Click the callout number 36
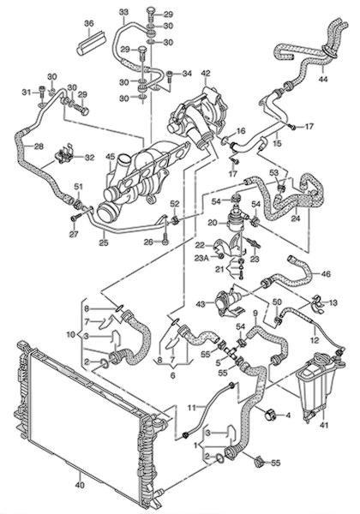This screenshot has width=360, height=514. pos(89,24)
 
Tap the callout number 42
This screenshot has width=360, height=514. pos(206,74)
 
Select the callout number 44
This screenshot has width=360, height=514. pos(323,79)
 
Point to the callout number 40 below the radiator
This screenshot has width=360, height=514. pos(80,485)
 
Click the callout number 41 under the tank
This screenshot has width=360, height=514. pos(324,425)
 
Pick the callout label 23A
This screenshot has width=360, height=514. pos(201,258)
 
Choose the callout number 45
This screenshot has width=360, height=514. pos(111,157)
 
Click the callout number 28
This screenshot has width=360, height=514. pos(39,146)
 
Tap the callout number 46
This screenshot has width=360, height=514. pos(326,274)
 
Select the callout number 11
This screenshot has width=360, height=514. pos(192,408)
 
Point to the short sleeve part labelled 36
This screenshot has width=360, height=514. pos(92,43)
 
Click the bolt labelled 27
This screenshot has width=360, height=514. pos(75,217)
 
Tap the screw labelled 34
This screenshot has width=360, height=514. pos(170,76)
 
